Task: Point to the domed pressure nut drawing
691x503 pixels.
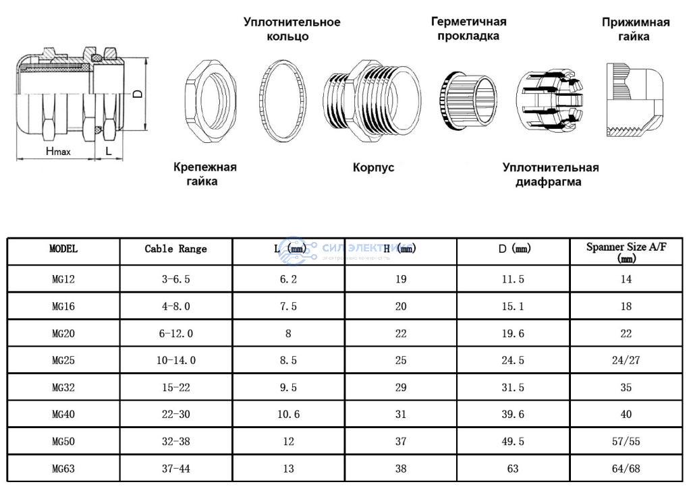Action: point(634,100)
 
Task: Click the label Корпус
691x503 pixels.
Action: point(373,167)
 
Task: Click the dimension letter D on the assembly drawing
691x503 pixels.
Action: point(137,94)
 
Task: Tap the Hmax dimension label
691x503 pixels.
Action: point(58,152)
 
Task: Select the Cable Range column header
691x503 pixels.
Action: point(175,249)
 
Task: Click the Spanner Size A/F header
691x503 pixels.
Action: point(626,252)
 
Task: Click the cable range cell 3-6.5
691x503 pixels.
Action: point(175,279)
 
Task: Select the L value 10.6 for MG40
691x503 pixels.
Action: point(288,414)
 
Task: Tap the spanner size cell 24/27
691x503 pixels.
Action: point(626,360)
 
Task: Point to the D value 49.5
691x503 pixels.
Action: point(513,441)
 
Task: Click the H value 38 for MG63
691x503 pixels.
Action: point(401,468)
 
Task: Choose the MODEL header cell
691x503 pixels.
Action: point(63,248)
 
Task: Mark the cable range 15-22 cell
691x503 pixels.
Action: point(175,387)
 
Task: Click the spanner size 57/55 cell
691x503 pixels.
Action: point(626,441)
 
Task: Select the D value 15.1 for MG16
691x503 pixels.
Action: point(513,306)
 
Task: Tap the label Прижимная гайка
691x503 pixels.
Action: point(635,29)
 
